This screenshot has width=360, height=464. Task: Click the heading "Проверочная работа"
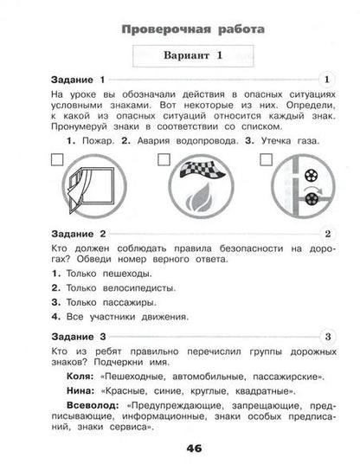point(180,29)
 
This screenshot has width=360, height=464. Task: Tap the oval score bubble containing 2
point(325,234)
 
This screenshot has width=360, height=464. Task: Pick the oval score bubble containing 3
point(325,335)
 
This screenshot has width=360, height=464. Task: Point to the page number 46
point(180,448)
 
